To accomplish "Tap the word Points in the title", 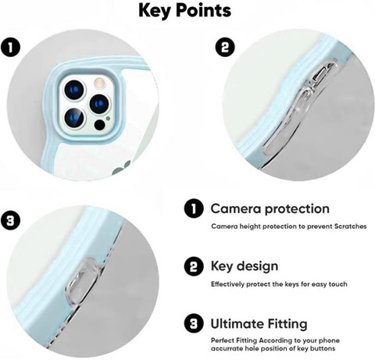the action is click(x=203, y=10).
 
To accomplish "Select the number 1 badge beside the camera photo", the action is click(x=10, y=48).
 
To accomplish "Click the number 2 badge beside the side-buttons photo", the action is click(x=225, y=48).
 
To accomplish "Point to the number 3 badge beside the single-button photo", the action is click(x=10, y=221).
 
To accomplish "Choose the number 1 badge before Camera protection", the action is click(x=194, y=209).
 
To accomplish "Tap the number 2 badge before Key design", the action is click(x=194, y=266).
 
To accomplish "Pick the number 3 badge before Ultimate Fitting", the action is click(x=194, y=324).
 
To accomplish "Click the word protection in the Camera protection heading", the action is click(x=297, y=209).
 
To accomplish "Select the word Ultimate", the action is click(x=234, y=324).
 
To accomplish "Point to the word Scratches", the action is click(x=350, y=226).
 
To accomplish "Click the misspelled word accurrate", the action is click(x=227, y=348).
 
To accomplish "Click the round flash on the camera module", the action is click(x=100, y=84).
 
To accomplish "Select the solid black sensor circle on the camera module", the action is click(x=100, y=125).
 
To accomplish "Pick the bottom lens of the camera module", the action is click(x=74, y=118).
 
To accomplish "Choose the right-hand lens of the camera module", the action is click(x=100, y=104).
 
